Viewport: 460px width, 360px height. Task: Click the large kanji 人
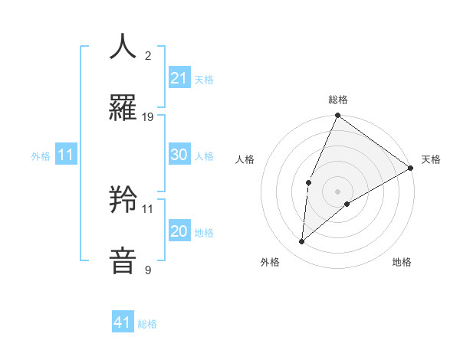(123, 46)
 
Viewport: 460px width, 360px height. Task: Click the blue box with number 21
(179, 78)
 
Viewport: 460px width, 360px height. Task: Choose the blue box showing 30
(179, 155)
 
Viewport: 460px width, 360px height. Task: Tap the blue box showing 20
(179, 231)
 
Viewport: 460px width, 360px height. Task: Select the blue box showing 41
(123, 322)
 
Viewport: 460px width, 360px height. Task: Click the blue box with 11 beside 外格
(65, 155)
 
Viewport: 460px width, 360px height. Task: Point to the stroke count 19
(148, 117)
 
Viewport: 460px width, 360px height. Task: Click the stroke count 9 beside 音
(148, 270)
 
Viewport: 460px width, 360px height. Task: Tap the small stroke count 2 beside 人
(148, 56)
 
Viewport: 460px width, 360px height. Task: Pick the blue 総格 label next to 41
(147, 324)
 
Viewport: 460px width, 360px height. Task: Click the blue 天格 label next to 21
(203, 80)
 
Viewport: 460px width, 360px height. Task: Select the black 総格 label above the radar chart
(338, 100)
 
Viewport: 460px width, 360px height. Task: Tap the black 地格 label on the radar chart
(402, 262)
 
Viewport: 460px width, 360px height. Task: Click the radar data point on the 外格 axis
(302, 241)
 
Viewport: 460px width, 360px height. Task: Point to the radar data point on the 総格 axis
(338, 116)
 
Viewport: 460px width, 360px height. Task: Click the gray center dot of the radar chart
(338, 191)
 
